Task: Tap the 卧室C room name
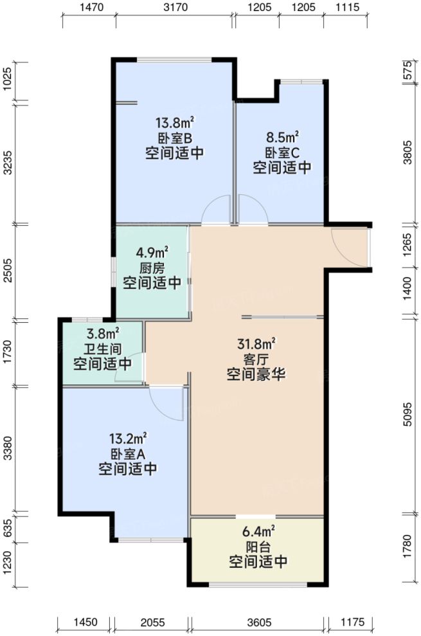282,152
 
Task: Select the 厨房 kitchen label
152,268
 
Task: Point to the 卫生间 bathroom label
102,349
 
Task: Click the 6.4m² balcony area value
258,531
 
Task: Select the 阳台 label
258,547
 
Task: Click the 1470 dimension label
87,8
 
